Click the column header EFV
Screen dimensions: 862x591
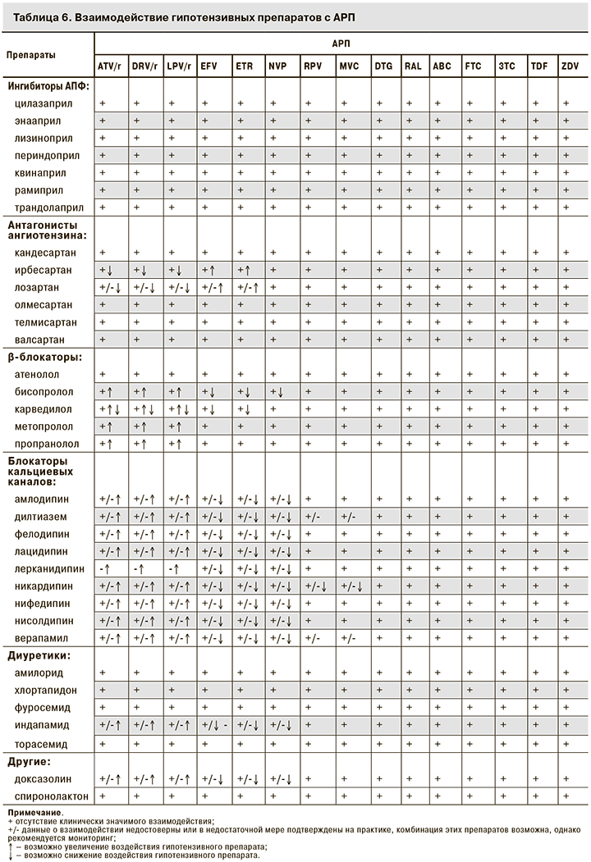pos(208,66)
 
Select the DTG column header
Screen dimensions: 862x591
pos(383,66)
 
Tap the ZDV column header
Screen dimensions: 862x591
pos(569,66)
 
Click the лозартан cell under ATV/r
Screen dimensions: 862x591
pos(110,287)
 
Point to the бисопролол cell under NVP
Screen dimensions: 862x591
pos(281,391)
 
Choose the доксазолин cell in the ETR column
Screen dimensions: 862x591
pos(249,778)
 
